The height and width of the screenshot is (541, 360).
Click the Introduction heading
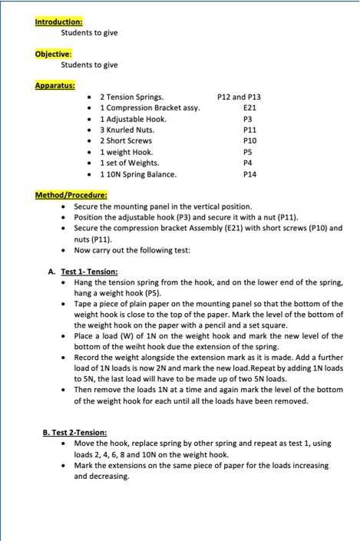coord(59,21)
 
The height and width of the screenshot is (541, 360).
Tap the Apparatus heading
coord(54,85)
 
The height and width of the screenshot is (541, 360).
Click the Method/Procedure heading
coord(71,195)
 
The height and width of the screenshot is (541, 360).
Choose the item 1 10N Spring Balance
coord(137,174)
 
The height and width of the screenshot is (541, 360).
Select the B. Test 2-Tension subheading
coord(74,433)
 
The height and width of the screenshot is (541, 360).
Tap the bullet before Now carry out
coord(64,250)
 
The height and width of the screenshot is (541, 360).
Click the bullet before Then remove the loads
coord(64,390)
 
